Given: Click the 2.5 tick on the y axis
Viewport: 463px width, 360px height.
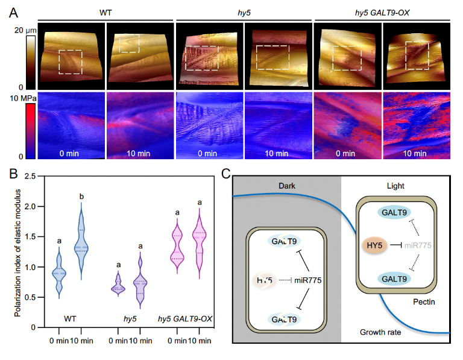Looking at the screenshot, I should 38,176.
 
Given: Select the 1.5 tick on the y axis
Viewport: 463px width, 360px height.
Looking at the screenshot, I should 38,236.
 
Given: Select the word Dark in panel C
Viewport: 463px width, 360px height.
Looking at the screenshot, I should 286,186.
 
